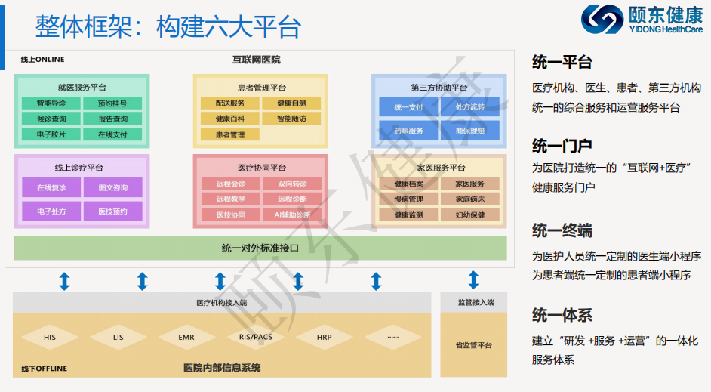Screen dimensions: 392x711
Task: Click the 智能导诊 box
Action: pos(51,103)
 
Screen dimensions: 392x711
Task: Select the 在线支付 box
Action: pos(112,134)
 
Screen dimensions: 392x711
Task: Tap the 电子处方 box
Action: pos(51,211)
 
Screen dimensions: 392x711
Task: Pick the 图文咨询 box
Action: pos(112,187)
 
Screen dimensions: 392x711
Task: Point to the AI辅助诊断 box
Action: pos(292,215)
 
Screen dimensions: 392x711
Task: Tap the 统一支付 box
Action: pos(408,107)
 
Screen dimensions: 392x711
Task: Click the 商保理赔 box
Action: pos(470,131)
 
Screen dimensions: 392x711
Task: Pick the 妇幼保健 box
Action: pos(470,215)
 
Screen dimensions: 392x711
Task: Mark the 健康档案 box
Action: pos(408,184)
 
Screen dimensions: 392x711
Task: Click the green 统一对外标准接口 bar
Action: pos(260,248)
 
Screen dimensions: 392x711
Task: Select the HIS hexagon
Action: pos(50,337)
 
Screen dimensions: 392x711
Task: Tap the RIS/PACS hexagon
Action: pos(255,337)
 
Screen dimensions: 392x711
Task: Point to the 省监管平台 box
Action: pos(474,345)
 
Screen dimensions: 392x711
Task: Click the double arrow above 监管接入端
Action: pos(473,282)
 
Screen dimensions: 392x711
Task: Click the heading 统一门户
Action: pos(562,146)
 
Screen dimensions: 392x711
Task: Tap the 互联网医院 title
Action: pos(256,60)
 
